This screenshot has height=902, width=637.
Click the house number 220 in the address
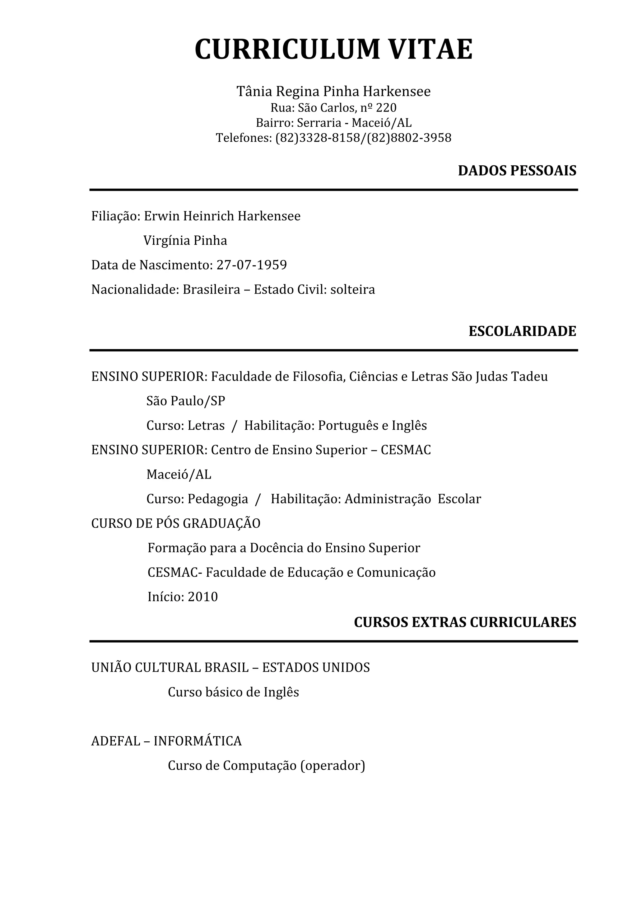386,108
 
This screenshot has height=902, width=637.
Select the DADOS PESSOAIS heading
517,171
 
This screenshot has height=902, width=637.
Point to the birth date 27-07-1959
252,265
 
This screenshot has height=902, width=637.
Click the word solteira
352,290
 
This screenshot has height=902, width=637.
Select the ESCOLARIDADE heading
522,331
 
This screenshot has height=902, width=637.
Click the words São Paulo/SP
186,401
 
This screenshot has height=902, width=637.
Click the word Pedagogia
217,499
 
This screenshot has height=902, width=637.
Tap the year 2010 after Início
202,597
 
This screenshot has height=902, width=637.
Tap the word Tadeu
529,377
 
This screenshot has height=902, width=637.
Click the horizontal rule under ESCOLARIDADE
334,350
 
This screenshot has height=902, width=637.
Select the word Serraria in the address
319,123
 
